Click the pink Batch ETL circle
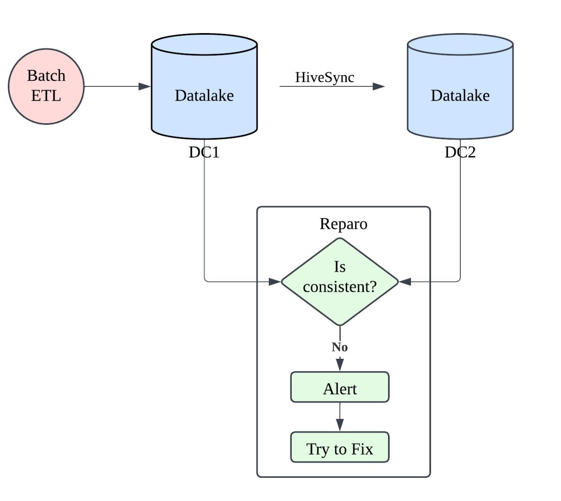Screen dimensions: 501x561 46,86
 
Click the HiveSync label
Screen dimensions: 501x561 324,77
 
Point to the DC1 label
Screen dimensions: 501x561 204,152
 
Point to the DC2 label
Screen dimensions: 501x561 460,152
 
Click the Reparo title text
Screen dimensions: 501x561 343,224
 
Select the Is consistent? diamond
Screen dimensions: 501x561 340,281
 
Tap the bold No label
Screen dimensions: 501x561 339,347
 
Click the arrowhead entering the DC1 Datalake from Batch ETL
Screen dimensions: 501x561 145,86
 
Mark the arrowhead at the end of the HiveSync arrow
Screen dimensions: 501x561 378,86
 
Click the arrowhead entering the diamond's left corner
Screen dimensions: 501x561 274,282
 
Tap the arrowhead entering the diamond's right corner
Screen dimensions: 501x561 405,282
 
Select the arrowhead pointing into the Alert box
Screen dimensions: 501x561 340,365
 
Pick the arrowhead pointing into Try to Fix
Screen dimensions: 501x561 340,425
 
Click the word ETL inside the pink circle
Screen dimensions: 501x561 46,96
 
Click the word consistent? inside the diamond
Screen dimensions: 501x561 339,287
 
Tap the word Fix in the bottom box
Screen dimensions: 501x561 362,449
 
